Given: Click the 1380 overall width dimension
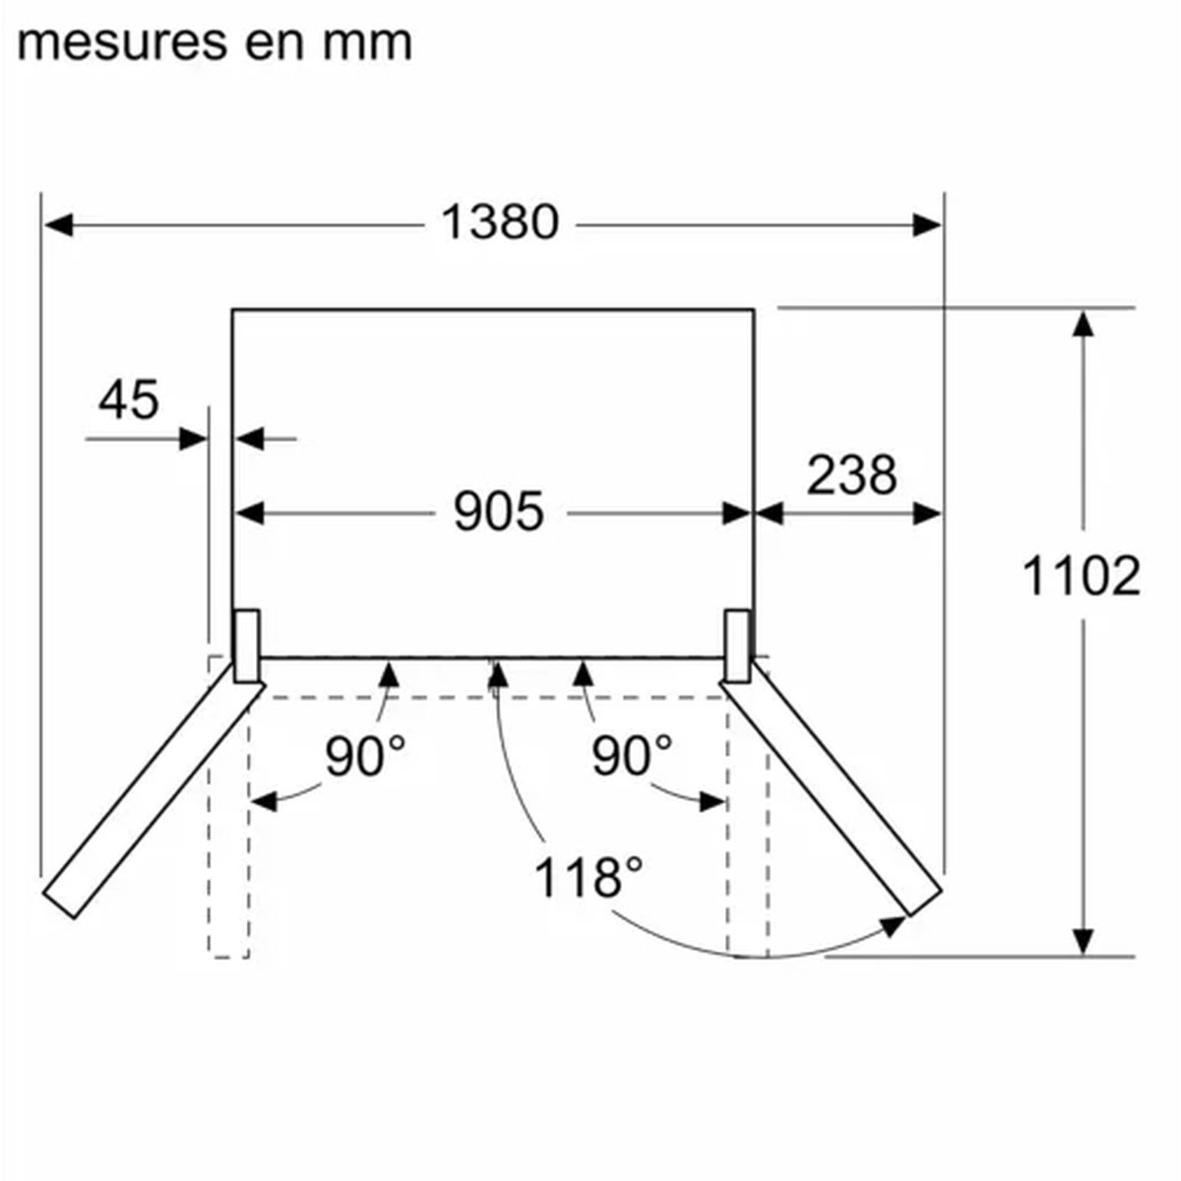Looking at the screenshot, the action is pyautogui.click(x=500, y=221).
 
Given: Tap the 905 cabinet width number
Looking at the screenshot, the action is pyautogui.click(x=498, y=511).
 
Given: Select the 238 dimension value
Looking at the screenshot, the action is pyautogui.click(x=851, y=475).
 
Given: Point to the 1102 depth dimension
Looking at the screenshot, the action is pyautogui.click(x=1081, y=576).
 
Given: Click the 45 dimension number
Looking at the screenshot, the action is pyautogui.click(x=129, y=400).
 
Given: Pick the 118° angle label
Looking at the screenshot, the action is pyautogui.click(x=589, y=877).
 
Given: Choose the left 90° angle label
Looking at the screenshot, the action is pyautogui.click(x=365, y=756).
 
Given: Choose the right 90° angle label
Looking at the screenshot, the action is pyautogui.click(x=631, y=756).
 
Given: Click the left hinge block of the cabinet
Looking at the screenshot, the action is pyautogui.click(x=246, y=646).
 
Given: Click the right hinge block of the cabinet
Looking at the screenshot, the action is pyautogui.click(x=737, y=646).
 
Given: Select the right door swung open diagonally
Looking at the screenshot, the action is pyautogui.click(x=831, y=787).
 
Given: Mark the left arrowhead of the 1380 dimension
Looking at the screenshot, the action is pyautogui.click(x=59, y=225).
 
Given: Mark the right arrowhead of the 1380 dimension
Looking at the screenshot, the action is pyautogui.click(x=926, y=225).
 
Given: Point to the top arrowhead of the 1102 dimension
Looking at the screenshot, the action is pyautogui.click(x=1084, y=323).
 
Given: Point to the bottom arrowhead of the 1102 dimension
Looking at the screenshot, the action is pyautogui.click(x=1084, y=942).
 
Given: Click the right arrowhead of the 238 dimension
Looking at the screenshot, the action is pyautogui.click(x=926, y=514).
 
